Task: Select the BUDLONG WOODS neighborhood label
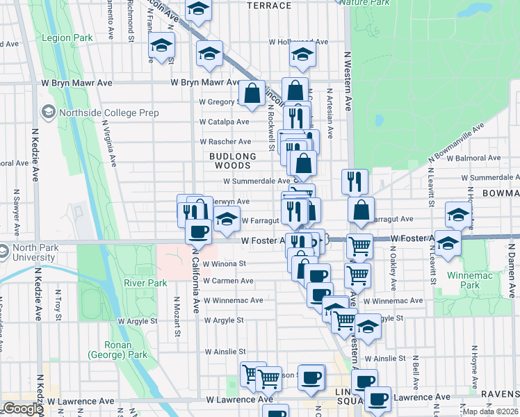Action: point(230,161)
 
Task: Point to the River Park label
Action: point(145,283)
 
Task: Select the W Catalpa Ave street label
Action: point(223,122)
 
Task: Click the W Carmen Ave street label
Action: point(228,281)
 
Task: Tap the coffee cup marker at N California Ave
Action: point(199,231)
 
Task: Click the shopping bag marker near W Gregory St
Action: point(252,93)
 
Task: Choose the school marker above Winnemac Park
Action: point(448,243)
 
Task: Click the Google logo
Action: point(24,409)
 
